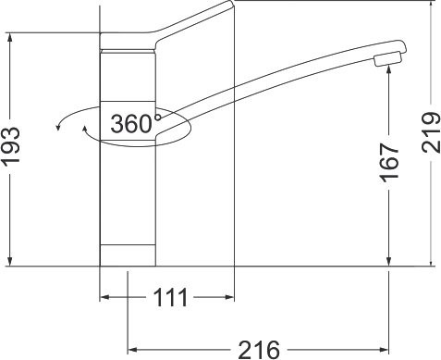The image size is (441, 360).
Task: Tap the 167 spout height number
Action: coord(388,163)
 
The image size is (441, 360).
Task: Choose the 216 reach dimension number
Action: coord(260,349)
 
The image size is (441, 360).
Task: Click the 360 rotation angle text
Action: coord(131,124)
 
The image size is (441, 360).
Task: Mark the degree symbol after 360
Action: coord(158,118)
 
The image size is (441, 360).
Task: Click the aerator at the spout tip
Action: coord(387,61)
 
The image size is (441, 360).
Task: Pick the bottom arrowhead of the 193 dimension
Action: coord(9,262)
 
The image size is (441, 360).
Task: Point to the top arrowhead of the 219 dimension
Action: coord(434,7)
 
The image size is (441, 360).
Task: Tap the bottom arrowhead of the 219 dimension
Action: coord(434,262)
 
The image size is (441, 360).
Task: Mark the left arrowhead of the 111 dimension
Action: coord(104,298)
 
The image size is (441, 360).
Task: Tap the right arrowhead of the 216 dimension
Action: coord(388,349)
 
